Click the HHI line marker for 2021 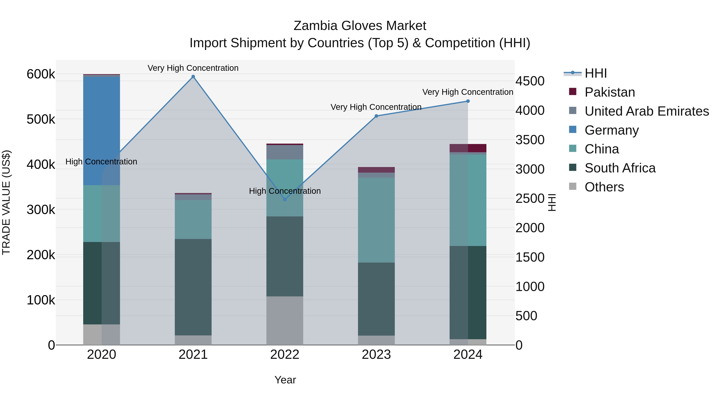pos(193,77)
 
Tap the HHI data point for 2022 pos(285,199)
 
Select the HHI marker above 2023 pos(376,116)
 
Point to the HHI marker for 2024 pos(468,101)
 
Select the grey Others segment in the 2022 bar pos(285,320)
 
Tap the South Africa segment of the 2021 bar pos(193,287)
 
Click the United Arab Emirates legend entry pos(646,111)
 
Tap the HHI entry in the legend pos(595,73)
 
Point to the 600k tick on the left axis pos(41,74)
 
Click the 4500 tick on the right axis pos(530,81)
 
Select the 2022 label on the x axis pos(285,355)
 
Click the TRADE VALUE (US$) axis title pos(6,202)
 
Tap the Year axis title pos(285,380)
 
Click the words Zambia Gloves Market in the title pos(360,26)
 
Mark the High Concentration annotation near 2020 pos(101,162)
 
